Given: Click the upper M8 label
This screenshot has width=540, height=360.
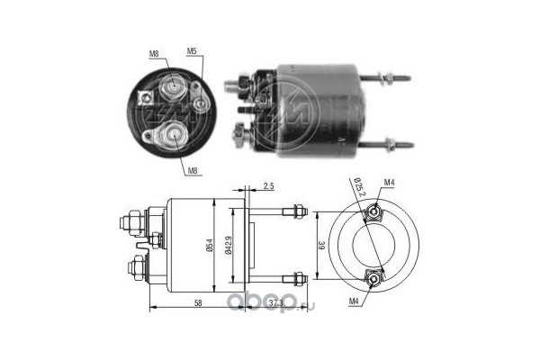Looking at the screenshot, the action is [x=155, y=53].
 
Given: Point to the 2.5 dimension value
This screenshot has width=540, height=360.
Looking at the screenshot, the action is [x=268, y=187].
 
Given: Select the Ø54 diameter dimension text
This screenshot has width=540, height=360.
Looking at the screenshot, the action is [x=210, y=245].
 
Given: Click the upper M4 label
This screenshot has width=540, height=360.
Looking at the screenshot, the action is [x=389, y=184].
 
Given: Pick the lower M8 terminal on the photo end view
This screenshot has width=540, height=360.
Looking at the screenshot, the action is [x=172, y=135].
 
